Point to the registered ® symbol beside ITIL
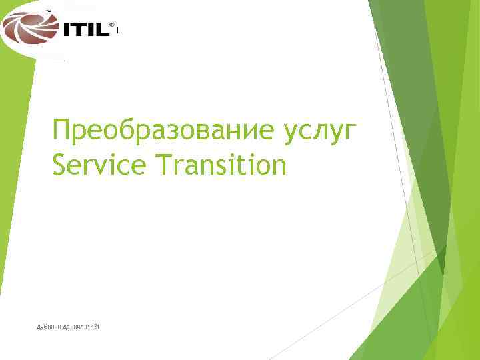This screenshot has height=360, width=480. pyautogui.click(x=111, y=25)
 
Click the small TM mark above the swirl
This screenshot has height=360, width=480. pyautogui.click(x=48, y=11)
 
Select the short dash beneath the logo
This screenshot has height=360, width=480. pyautogui.click(x=59, y=60)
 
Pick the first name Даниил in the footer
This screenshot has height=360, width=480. pyautogui.click(x=75, y=326)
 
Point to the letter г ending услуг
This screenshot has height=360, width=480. pyautogui.click(x=353, y=133)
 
